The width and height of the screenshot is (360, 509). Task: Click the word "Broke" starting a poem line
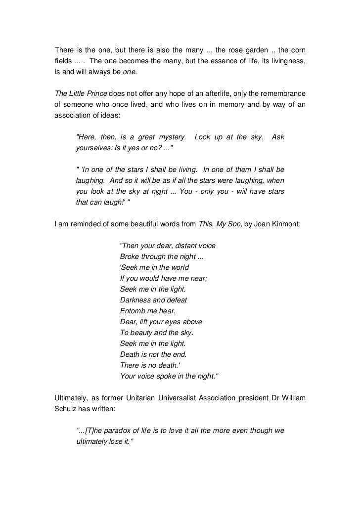(x=130, y=256)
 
